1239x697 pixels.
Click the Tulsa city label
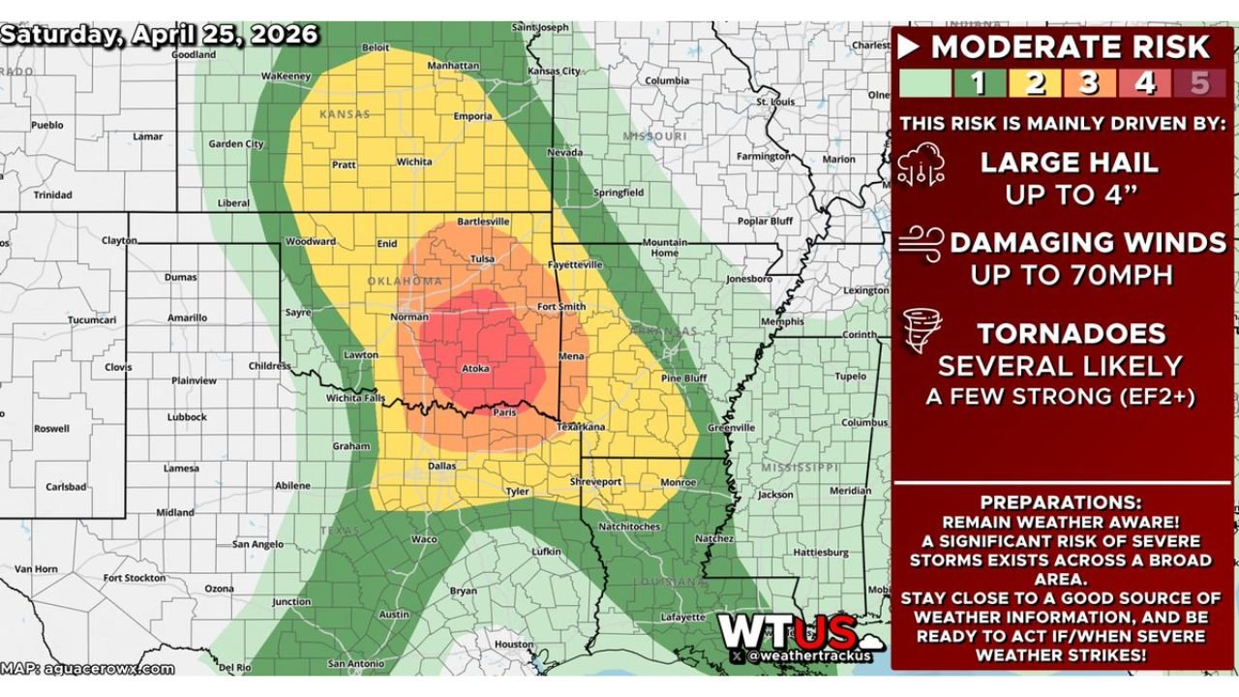pos(481,258)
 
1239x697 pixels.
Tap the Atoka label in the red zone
pos(475,369)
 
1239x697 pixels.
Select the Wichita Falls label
pos(354,398)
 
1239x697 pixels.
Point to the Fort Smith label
pos(561,307)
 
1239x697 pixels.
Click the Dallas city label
pos(441,466)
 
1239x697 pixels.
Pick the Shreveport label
pos(595,481)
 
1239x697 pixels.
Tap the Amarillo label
pos(187,318)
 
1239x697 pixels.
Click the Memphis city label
pos(782,321)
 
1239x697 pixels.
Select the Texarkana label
pos(581,426)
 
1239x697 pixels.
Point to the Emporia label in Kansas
pos(472,116)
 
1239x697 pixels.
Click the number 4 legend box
pos(1145,83)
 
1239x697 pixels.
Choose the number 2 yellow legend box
pos(1035,83)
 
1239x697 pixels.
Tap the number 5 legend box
pos(1200,83)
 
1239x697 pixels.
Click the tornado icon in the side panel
pos(916,332)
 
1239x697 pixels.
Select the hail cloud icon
pos(918,167)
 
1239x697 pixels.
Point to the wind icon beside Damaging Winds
pos(920,243)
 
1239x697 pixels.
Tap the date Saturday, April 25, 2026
pos(160,35)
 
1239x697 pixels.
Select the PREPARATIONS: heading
pos(1061,503)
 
